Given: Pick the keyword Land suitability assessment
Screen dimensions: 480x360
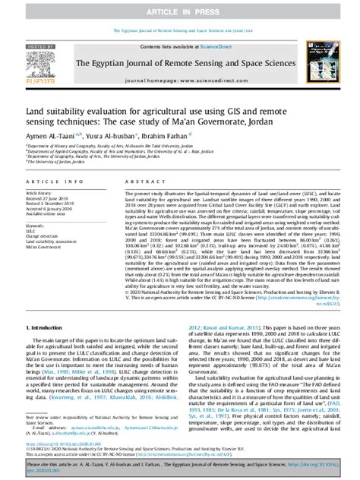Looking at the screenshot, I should click(50, 242).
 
